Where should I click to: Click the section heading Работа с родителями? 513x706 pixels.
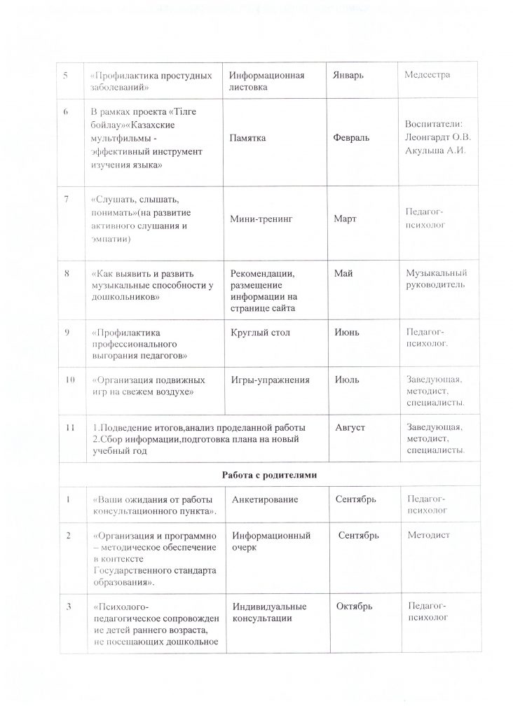click(x=271, y=476)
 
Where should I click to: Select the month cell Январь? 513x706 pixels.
click(x=349, y=75)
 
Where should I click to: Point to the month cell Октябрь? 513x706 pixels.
click(x=353, y=605)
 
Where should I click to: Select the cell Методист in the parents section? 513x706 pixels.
click(x=428, y=536)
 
